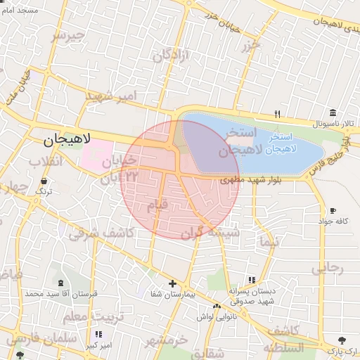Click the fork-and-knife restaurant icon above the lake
pyautogui.click(x=278, y=114)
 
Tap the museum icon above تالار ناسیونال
pyautogui.click(x=333, y=112)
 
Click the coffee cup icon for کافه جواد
pyautogui.click(x=333, y=210)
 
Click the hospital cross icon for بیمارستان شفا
pyautogui.click(x=172, y=283)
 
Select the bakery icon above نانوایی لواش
pyautogui.click(x=217, y=306)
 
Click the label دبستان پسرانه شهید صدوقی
pyautogui.click(x=247, y=295)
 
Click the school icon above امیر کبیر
pyautogui.click(x=97, y=334)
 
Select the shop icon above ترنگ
pyautogui.click(x=44, y=181)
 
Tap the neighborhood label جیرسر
pyautogui.click(x=68, y=35)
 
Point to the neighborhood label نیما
pyautogui.click(x=269, y=241)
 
